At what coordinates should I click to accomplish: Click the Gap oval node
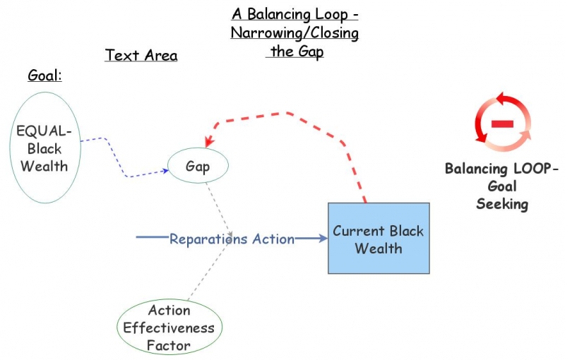pos(198,167)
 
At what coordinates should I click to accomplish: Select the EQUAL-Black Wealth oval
pos(44,148)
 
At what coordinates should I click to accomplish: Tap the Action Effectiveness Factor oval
pos(169,328)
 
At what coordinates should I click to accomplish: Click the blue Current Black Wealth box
pos(378,239)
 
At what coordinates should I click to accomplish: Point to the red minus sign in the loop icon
pos(502,124)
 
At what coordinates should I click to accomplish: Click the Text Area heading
pos(141,55)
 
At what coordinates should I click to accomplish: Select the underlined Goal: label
pos(44,75)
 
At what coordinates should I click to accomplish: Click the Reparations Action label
pos(232,239)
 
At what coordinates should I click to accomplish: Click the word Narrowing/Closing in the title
pos(295,33)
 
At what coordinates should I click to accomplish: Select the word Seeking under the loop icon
pos(501,204)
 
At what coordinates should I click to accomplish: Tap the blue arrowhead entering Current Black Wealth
pos(323,239)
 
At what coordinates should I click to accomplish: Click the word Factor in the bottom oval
pos(169,345)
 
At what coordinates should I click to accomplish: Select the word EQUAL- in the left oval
pos(44,131)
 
